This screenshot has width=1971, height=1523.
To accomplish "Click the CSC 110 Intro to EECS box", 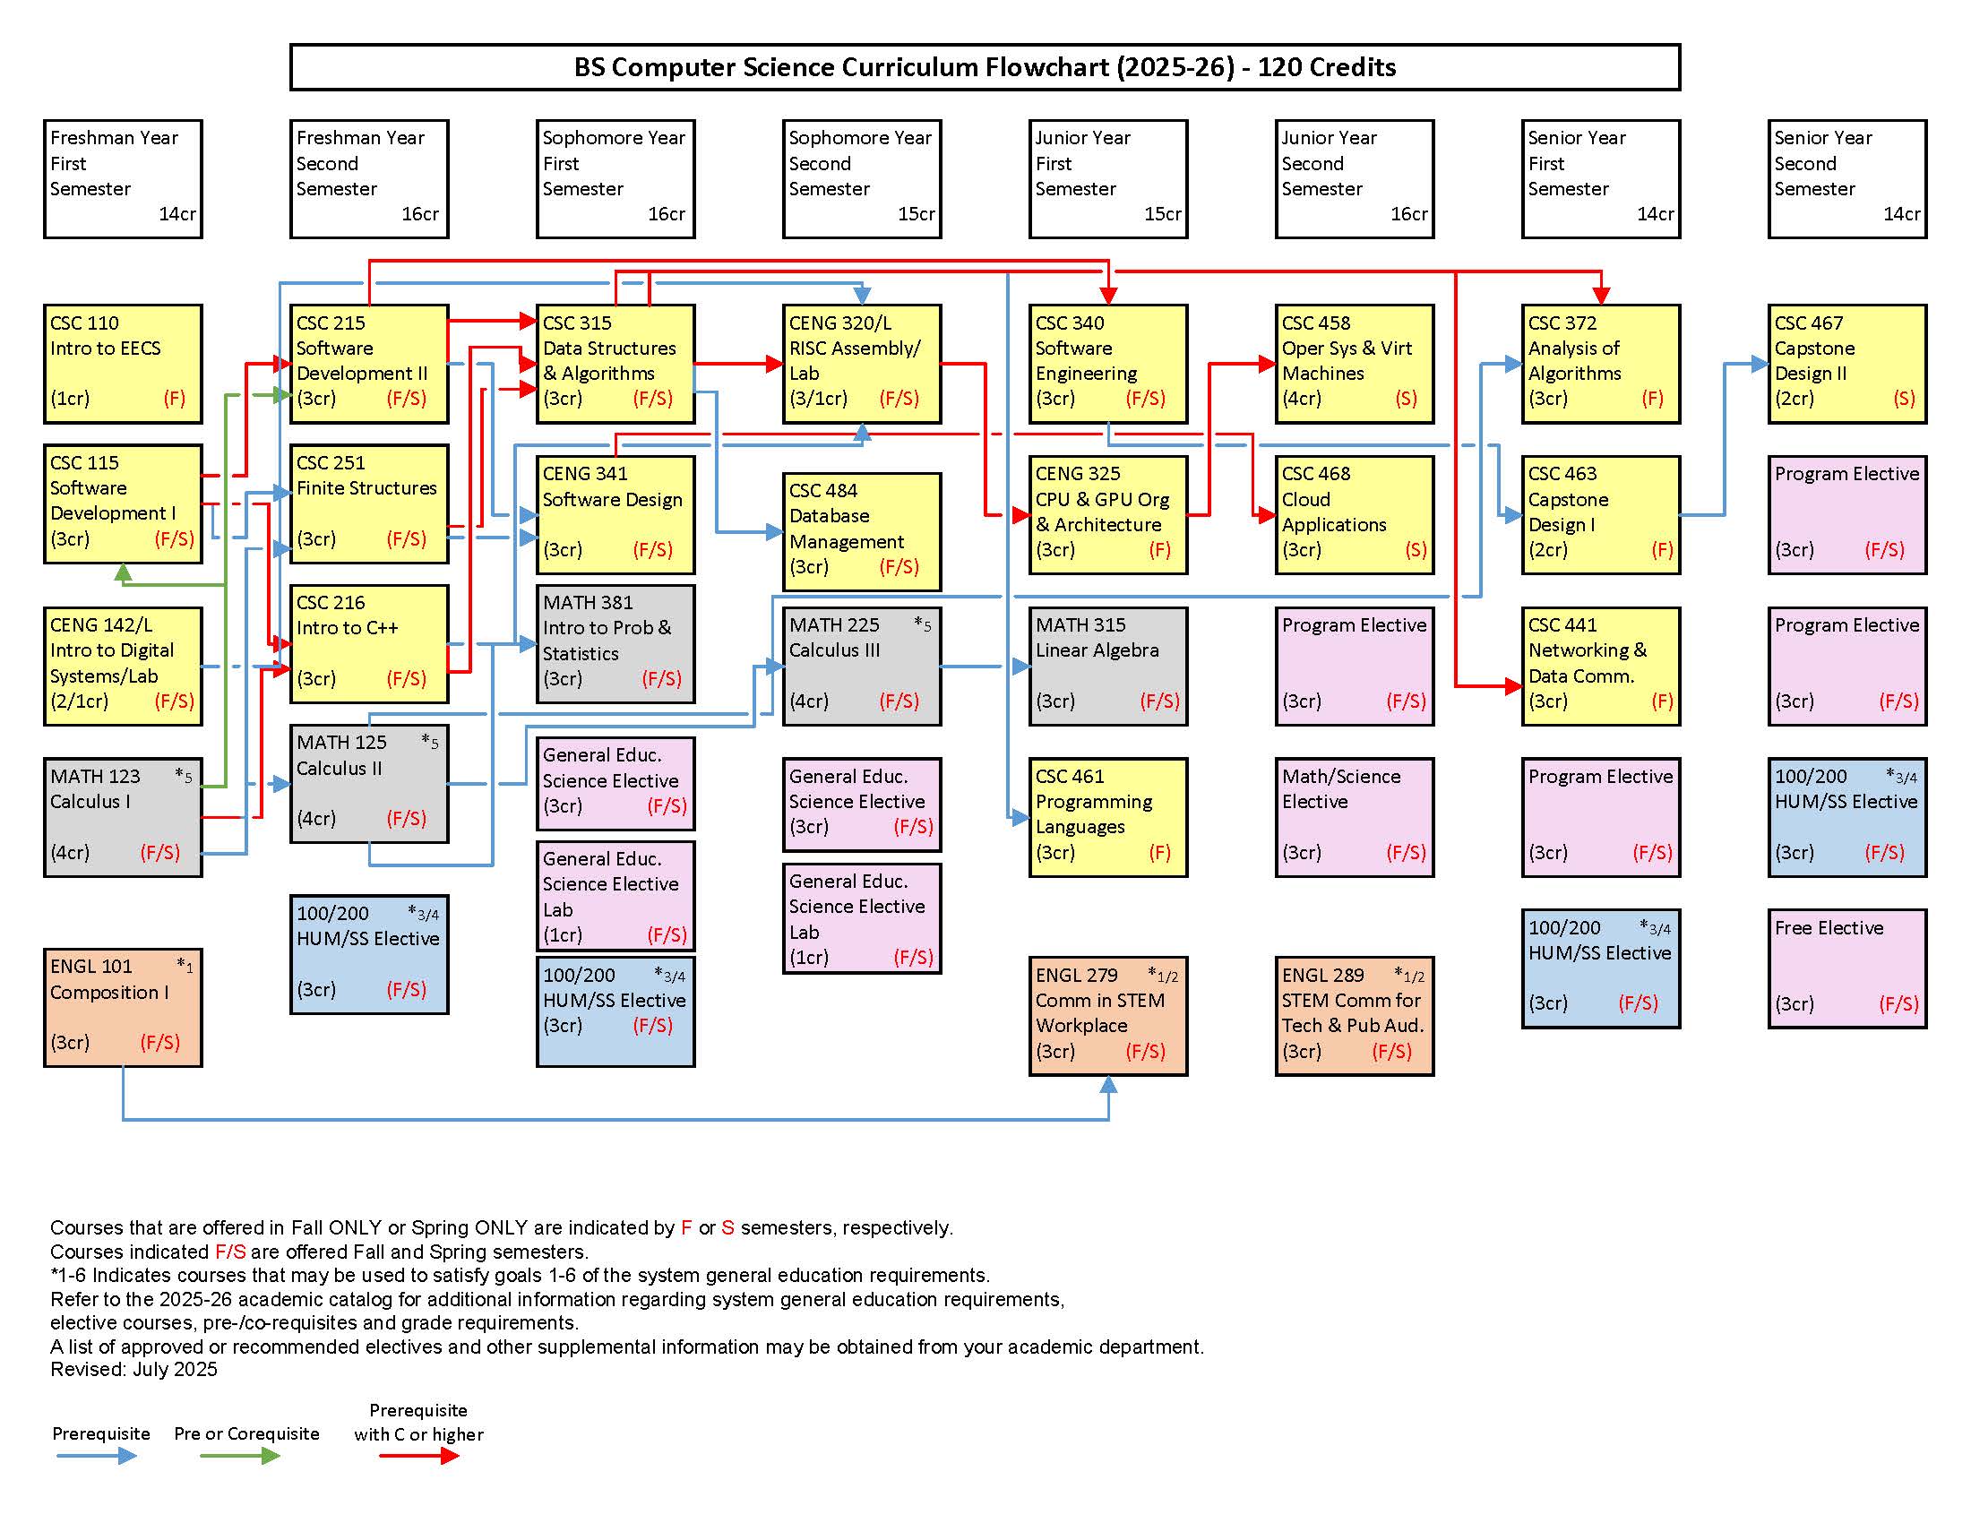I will click(x=123, y=364).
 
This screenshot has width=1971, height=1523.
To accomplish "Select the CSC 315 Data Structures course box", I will click(x=615, y=364).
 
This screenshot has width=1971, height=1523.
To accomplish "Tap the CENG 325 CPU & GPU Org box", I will click(x=1108, y=514).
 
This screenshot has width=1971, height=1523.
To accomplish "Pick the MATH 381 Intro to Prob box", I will click(x=615, y=643).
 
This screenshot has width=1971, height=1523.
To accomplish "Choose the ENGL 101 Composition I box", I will click(x=123, y=1007).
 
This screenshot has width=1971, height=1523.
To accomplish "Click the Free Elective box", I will click(x=1846, y=968).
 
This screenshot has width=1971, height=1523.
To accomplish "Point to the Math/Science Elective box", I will click(x=1354, y=816).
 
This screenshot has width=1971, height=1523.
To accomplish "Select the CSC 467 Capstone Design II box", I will click(x=1846, y=364).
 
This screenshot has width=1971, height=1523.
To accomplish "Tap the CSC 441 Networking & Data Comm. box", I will click(x=1600, y=666).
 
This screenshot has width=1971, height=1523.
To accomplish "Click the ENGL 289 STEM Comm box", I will click(x=1354, y=1016).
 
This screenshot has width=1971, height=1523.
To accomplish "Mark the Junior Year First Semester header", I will click(x=1108, y=178).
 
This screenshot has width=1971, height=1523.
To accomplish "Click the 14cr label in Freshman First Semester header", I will click(x=176, y=215).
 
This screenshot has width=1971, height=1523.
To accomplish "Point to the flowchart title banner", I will click(x=985, y=68).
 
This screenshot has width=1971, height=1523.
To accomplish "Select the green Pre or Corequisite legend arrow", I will click(x=241, y=1455).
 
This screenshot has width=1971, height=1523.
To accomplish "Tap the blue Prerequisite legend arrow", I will click(x=97, y=1455).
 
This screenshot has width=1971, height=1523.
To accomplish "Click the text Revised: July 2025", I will click(x=133, y=1370).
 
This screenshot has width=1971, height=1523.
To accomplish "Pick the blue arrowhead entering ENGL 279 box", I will click(x=1108, y=1086).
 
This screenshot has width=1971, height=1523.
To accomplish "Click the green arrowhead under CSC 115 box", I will click(x=124, y=572).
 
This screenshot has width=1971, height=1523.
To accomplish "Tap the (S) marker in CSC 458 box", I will click(x=1405, y=399).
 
